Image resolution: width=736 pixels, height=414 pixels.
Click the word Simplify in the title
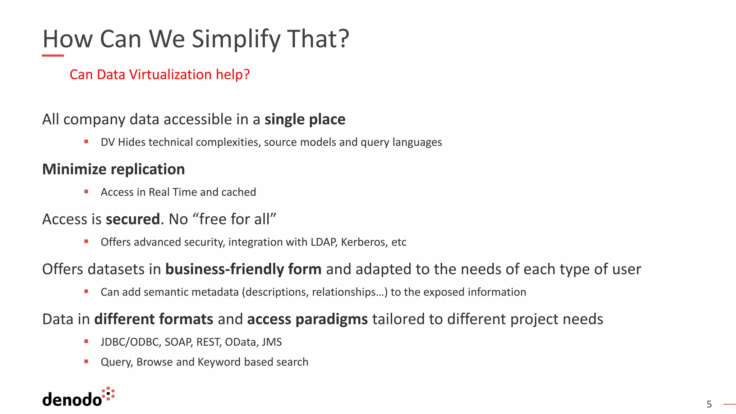click(x=236, y=39)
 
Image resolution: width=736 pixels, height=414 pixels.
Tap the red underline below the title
click(x=53, y=56)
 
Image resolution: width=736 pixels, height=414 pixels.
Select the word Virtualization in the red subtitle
click(x=170, y=74)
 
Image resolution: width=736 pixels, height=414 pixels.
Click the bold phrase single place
click(x=305, y=119)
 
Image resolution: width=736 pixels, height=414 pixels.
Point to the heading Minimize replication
click(x=114, y=169)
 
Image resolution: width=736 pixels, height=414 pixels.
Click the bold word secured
click(x=133, y=219)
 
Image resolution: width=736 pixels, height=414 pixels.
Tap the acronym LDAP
click(x=323, y=242)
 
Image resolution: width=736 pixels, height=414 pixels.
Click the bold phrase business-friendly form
click(x=243, y=269)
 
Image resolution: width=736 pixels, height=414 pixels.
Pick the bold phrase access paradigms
click(x=307, y=319)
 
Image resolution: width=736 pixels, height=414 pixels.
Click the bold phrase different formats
click(x=154, y=319)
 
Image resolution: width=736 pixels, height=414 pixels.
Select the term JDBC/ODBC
click(x=130, y=342)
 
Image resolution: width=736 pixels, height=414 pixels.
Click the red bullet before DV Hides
click(x=86, y=142)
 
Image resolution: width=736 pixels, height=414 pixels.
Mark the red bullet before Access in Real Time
click(x=86, y=192)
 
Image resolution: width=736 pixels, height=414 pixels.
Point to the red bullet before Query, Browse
click(x=86, y=361)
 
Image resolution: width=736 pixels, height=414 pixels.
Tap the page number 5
click(x=709, y=404)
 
